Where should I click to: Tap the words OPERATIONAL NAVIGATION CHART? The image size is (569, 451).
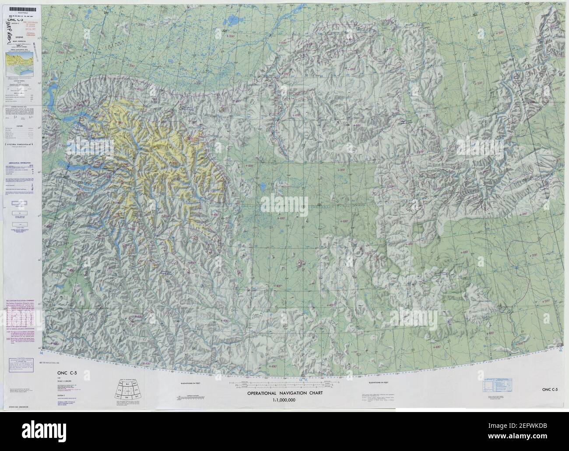(x=284, y=393)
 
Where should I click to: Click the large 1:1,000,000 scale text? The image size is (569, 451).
(x=284, y=400)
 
